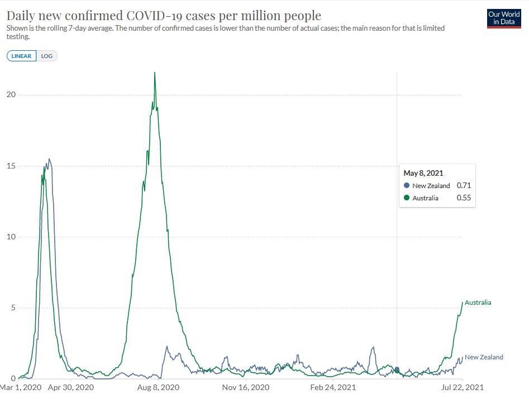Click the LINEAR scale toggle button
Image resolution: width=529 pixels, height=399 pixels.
(x=22, y=56)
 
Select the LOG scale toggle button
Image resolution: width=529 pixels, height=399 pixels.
(x=46, y=56)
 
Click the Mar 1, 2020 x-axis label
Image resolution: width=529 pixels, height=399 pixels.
(x=21, y=387)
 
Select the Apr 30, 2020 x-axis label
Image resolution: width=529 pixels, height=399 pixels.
(x=70, y=387)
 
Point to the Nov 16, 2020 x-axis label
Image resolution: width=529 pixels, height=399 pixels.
(x=246, y=387)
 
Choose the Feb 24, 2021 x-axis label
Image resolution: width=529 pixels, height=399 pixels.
(x=333, y=387)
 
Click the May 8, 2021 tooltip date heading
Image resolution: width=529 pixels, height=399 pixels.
(x=423, y=174)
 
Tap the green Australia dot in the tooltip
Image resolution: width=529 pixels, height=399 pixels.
(x=407, y=198)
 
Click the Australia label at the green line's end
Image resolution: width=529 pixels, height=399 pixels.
(x=478, y=302)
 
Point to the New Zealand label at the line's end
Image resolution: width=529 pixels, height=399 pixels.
(x=484, y=357)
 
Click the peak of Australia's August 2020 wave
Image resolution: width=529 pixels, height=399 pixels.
(x=155, y=73)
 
